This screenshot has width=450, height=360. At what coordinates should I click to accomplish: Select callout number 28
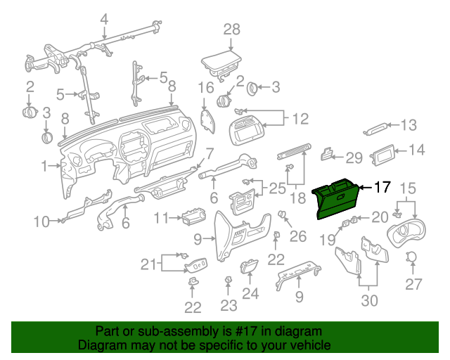point(232,30)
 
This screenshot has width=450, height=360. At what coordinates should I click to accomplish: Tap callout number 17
point(381,187)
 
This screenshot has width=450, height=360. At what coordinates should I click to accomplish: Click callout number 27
point(412,284)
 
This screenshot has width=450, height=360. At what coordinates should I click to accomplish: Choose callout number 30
point(369,300)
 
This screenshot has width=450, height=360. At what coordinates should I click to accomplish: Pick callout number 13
point(409,125)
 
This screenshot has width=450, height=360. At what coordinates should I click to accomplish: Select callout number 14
point(417,150)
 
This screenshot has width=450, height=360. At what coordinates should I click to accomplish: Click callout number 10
point(41,222)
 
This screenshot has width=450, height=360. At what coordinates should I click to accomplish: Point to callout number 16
point(205,88)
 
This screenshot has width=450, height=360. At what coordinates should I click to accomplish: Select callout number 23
point(228,306)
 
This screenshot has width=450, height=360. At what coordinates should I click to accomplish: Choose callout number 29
point(354,156)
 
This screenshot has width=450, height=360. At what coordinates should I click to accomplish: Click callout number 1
point(44,167)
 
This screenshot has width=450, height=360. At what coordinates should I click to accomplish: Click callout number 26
point(298,236)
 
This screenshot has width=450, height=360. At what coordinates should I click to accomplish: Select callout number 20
point(380,217)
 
